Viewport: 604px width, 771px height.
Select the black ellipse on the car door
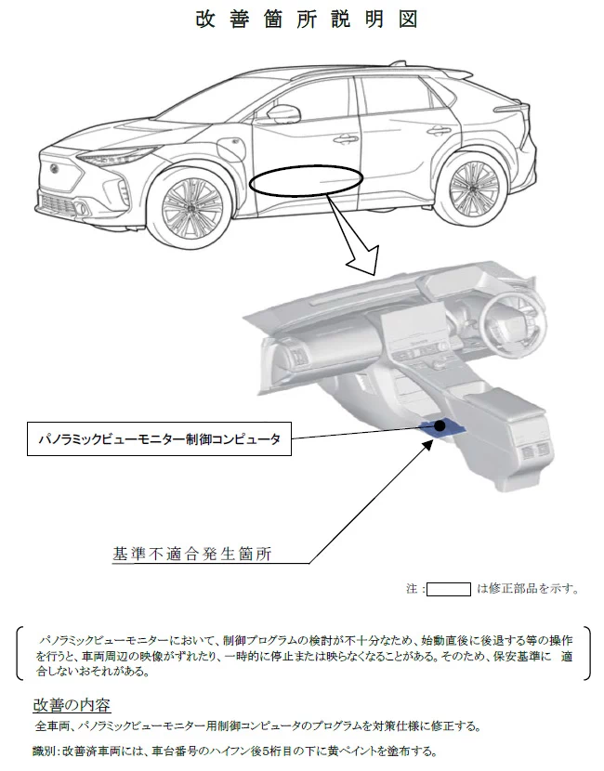(306, 182)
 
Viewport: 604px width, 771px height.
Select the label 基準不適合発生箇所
(196, 555)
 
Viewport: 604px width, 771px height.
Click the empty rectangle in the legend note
(449, 588)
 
